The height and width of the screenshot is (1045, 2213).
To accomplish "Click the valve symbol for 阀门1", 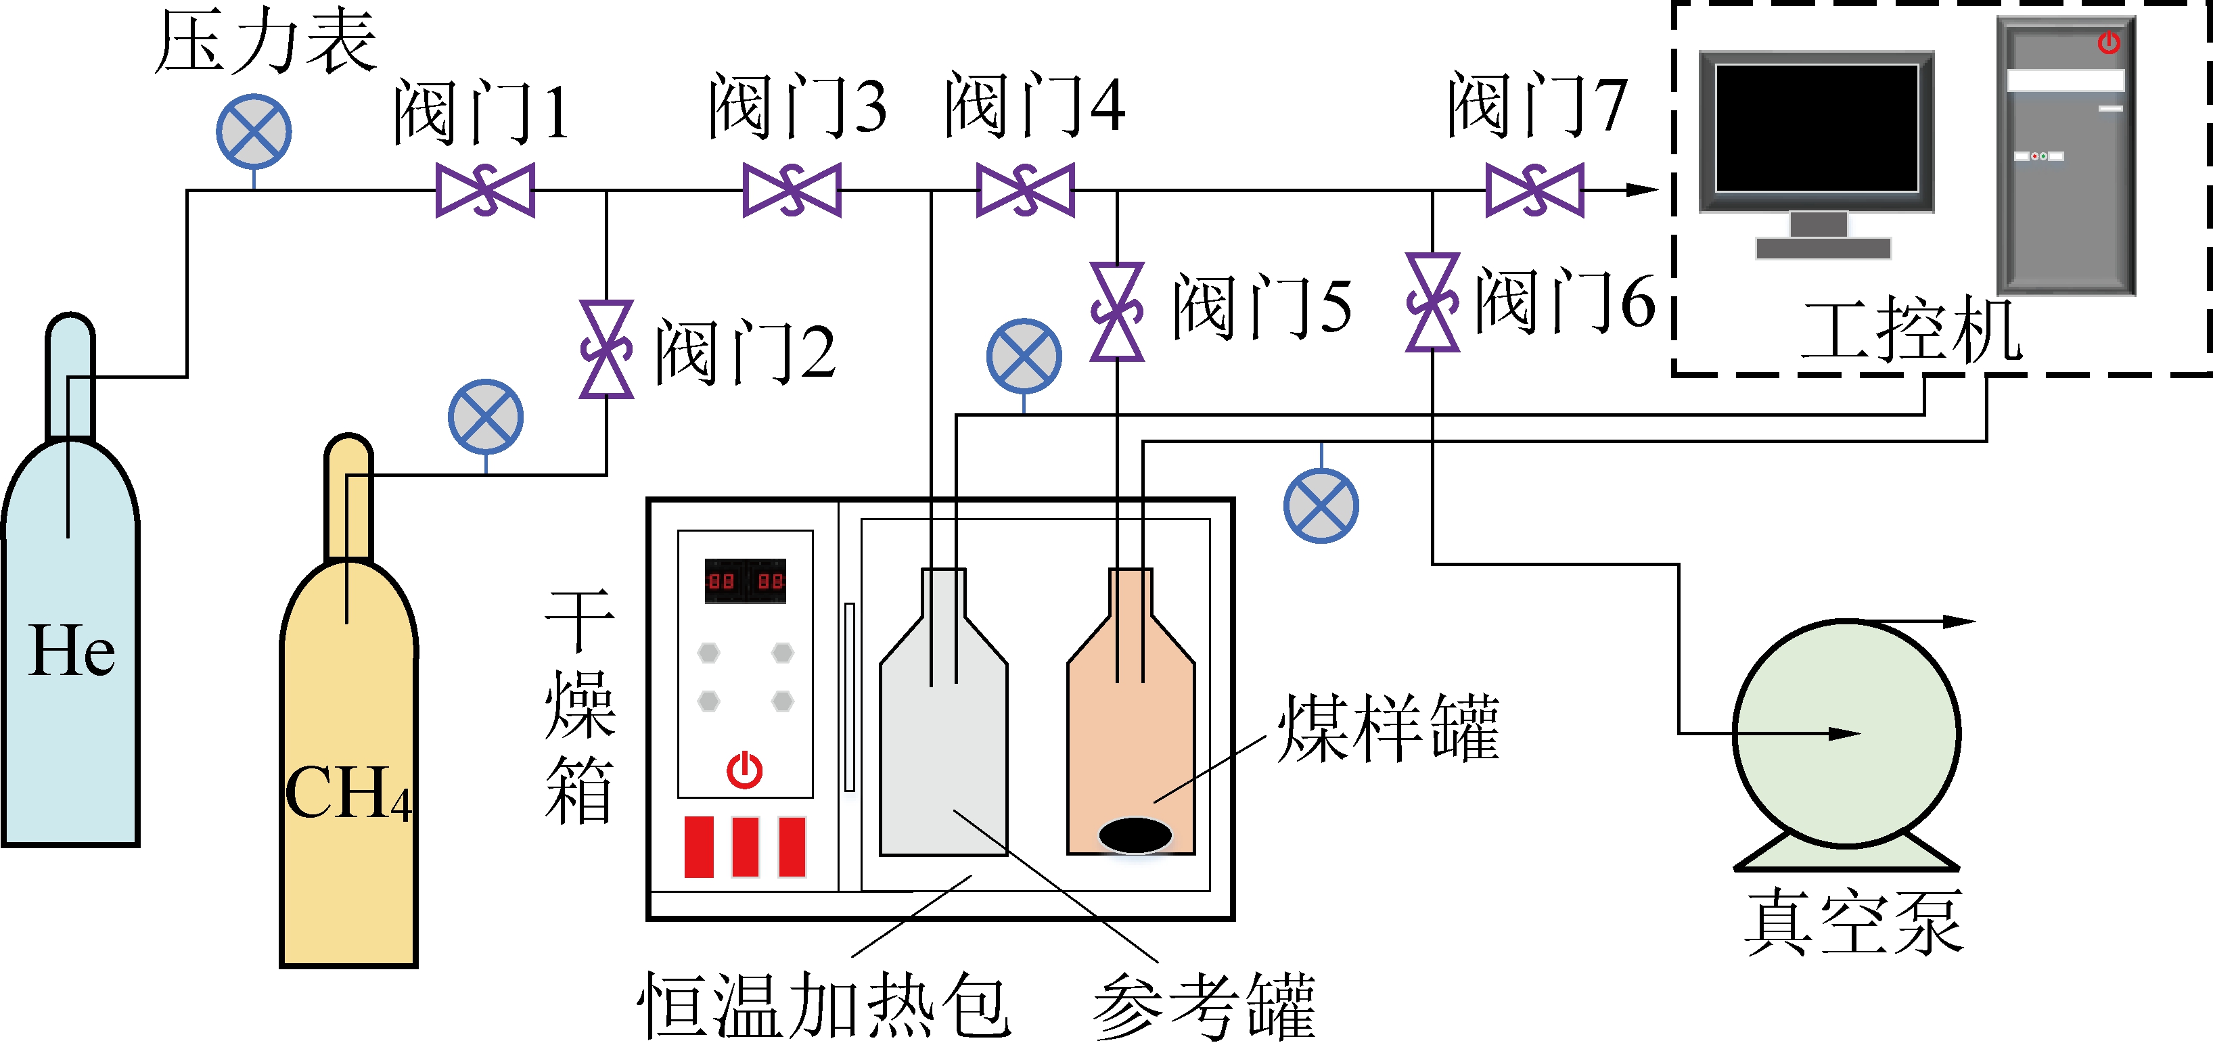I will click(485, 190).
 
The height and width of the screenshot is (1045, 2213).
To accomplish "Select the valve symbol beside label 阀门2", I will click(606, 348).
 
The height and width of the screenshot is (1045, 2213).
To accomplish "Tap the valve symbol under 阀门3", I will click(791, 190).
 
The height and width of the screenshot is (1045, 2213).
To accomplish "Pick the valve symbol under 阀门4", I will click(1026, 190).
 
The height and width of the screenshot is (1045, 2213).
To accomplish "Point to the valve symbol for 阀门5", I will click(1117, 311).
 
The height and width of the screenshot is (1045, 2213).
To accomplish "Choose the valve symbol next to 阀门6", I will click(1432, 302).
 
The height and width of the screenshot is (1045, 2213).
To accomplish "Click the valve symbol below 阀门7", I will click(1534, 190).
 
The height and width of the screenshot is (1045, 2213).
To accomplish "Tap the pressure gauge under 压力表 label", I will click(254, 131).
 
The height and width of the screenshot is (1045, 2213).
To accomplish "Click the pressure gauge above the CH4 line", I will click(485, 417).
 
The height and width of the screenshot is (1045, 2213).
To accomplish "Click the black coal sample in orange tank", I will click(1135, 834).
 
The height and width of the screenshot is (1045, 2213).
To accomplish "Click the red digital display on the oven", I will click(745, 581).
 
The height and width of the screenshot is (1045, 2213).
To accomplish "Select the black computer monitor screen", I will click(1816, 128).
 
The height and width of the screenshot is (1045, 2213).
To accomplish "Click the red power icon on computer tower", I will click(2108, 42).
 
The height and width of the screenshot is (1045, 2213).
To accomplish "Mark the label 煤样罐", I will click(1388, 728).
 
